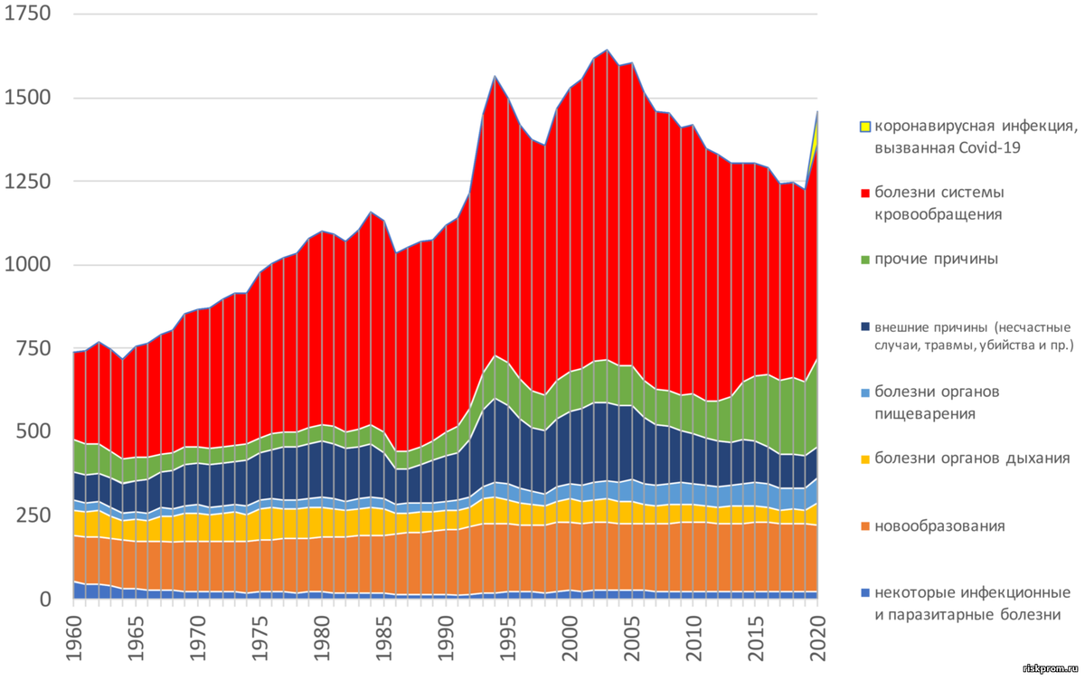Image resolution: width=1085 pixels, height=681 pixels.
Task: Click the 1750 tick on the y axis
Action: pos(28,15)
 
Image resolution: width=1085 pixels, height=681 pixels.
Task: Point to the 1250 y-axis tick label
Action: pos(28,182)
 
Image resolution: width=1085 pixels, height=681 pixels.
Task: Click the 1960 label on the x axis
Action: pos(72,640)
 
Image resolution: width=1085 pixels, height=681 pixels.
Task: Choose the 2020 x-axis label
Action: pos(817,640)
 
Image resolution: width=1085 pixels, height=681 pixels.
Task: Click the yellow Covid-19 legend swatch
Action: pos(866,128)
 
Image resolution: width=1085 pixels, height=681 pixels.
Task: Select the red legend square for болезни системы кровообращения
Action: pos(866,194)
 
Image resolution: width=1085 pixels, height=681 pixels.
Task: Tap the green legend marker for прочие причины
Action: pos(866,260)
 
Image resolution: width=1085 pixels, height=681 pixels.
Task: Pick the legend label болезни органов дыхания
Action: pos(972,459)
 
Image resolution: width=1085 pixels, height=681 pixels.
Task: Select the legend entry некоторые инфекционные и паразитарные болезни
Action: pos(972,603)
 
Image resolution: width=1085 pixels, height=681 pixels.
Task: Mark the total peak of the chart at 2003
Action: pos(606,50)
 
